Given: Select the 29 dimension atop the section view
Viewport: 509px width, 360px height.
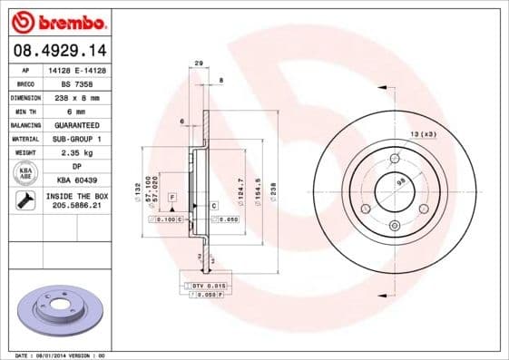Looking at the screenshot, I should pos(198,63).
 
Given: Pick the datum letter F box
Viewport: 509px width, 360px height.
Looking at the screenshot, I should pos(171,197).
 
